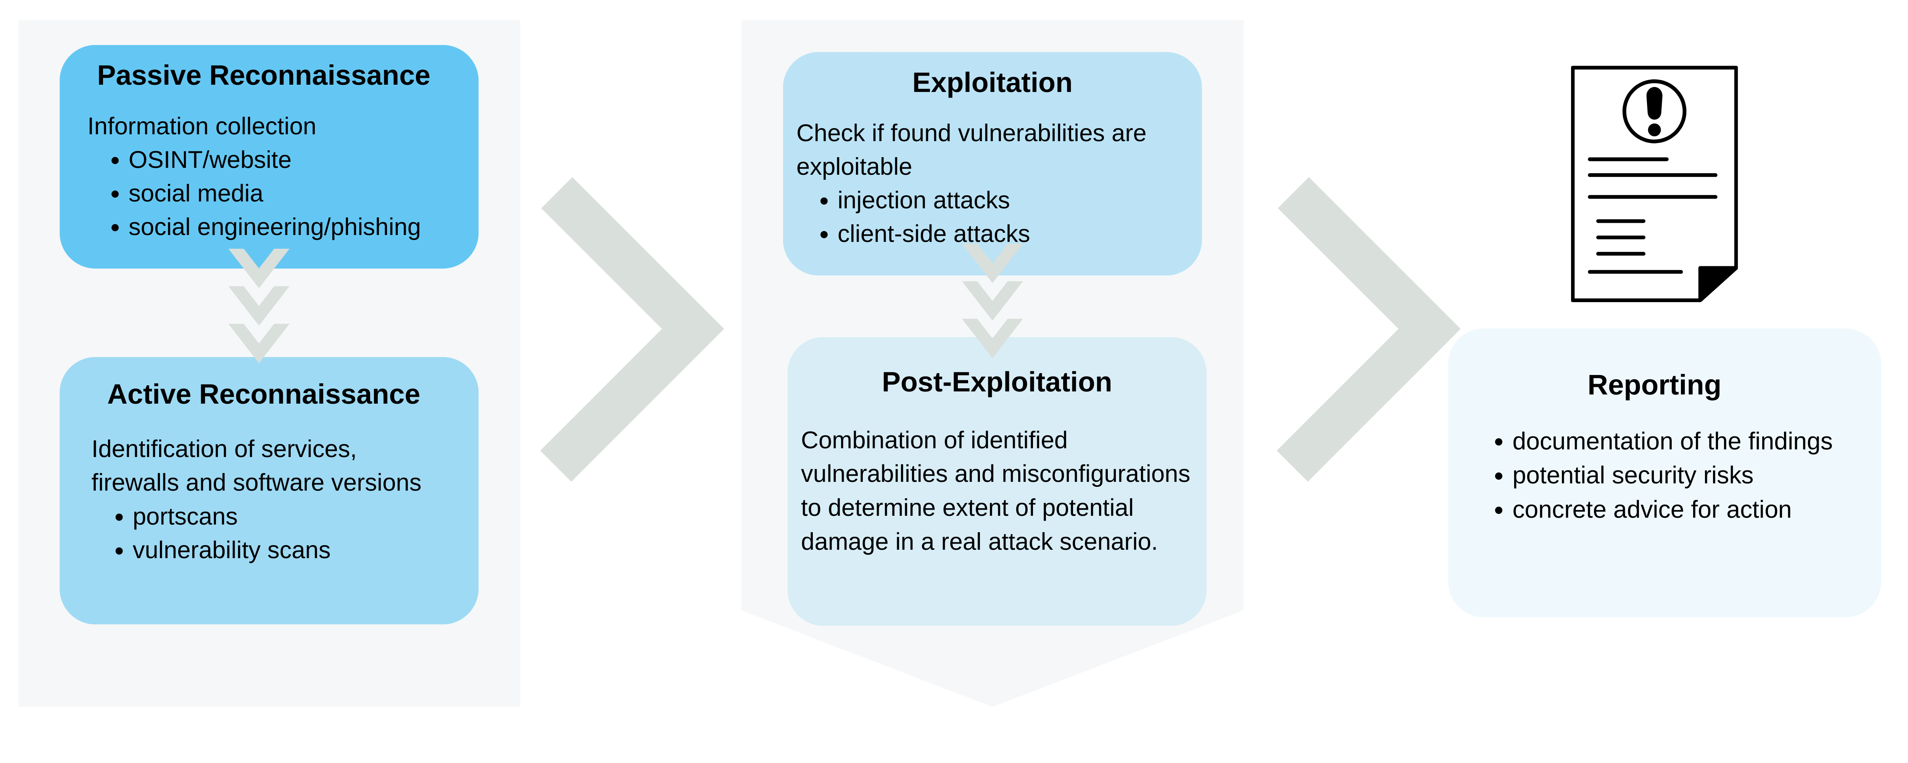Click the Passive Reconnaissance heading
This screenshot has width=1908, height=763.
264,76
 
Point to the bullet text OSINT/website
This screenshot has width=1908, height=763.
209,160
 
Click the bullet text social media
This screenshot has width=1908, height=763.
195,193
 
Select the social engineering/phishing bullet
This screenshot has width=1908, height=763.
274,227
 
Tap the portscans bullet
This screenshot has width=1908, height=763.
185,516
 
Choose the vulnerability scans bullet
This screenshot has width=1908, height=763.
231,551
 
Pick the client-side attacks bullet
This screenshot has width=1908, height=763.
933,234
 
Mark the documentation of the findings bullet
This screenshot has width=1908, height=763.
1672,441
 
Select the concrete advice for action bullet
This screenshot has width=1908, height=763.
1652,510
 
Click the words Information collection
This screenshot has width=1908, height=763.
201,127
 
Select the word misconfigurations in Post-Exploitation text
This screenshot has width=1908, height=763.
1096,474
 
